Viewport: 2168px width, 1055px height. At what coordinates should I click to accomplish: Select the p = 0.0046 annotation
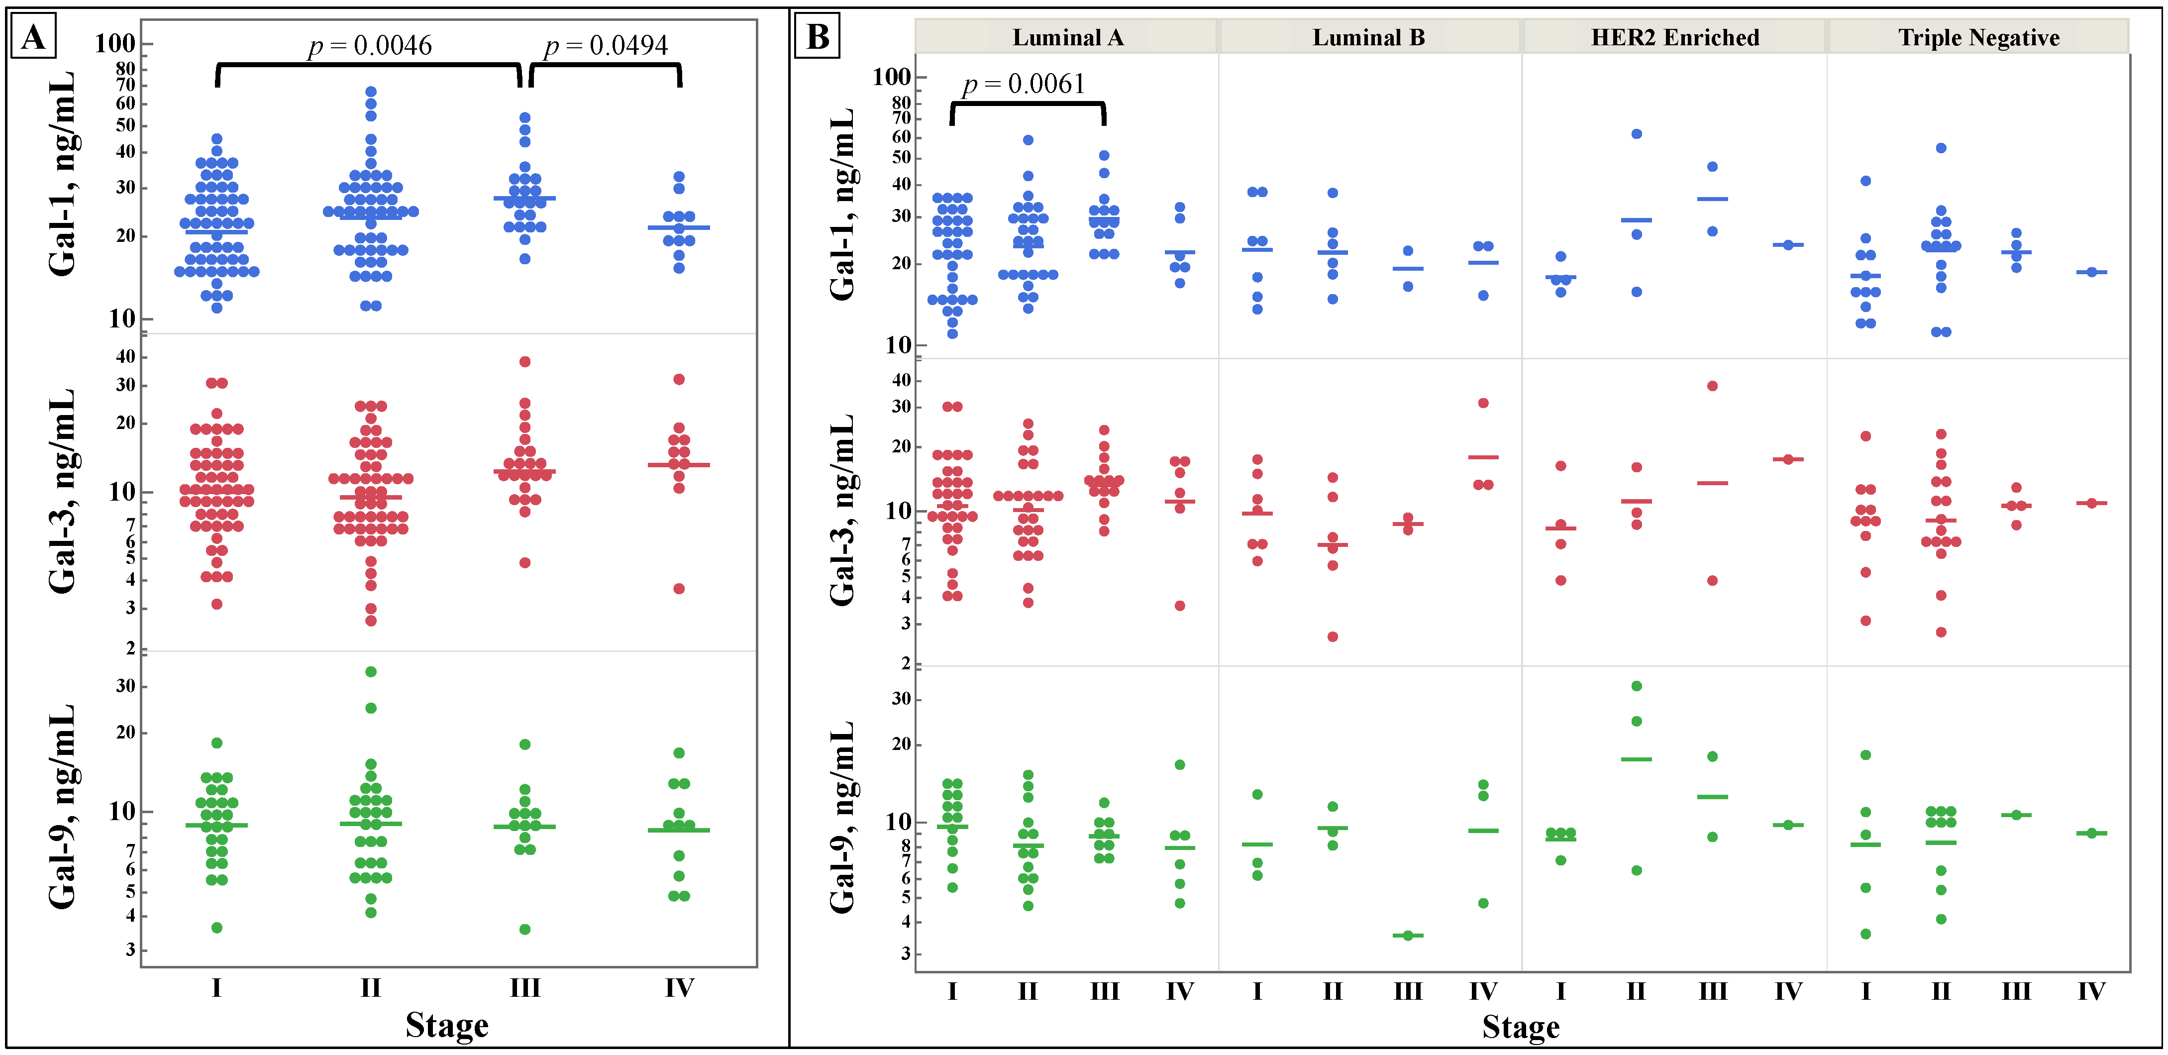370,45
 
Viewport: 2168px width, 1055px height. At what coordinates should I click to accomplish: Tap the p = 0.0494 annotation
606,45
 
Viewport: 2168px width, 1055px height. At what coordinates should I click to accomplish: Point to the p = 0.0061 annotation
1024,84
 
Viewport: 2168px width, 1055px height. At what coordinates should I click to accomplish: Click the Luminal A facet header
1067,37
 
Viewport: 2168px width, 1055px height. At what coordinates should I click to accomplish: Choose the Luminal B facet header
1368,37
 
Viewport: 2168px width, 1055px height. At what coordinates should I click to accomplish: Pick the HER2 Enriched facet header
1675,37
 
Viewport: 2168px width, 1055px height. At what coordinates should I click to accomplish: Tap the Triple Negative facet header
1978,37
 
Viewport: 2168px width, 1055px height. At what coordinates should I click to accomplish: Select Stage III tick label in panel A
524,988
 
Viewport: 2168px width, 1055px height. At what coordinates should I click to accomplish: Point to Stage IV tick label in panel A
679,988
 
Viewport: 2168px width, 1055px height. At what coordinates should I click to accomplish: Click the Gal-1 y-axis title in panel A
63,174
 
